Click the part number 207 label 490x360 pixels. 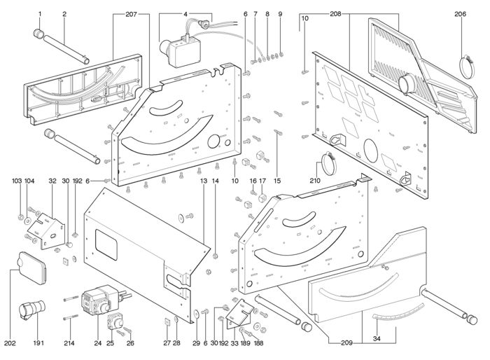pyautogui.click(x=132, y=14)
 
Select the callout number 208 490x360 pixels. pyautogui.click(x=335, y=14)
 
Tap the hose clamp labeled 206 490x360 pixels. pyautogui.click(x=467, y=67)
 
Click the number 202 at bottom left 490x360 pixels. pyautogui.click(x=10, y=343)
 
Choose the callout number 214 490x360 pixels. pyautogui.click(x=69, y=343)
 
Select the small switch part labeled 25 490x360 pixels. pyautogui.click(x=115, y=321)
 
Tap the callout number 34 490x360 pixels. pyautogui.click(x=377, y=339)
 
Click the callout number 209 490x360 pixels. pyautogui.click(x=346, y=342)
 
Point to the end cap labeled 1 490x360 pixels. pyautogui.click(x=38, y=33)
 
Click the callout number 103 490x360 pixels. pyautogui.click(x=17, y=181)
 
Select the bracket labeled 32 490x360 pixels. pyautogui.click(x=46, y=230)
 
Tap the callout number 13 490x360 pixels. pyautogui.click(x=204, y=181)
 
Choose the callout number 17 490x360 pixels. pyautogui.click(x=262, y=181)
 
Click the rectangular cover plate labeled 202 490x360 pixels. pyautogui.click(x=32, y=268)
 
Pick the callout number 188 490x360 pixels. pyautogui.click(x=258, y=343)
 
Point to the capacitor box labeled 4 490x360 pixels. pyautogui.click(x=179, y=50)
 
